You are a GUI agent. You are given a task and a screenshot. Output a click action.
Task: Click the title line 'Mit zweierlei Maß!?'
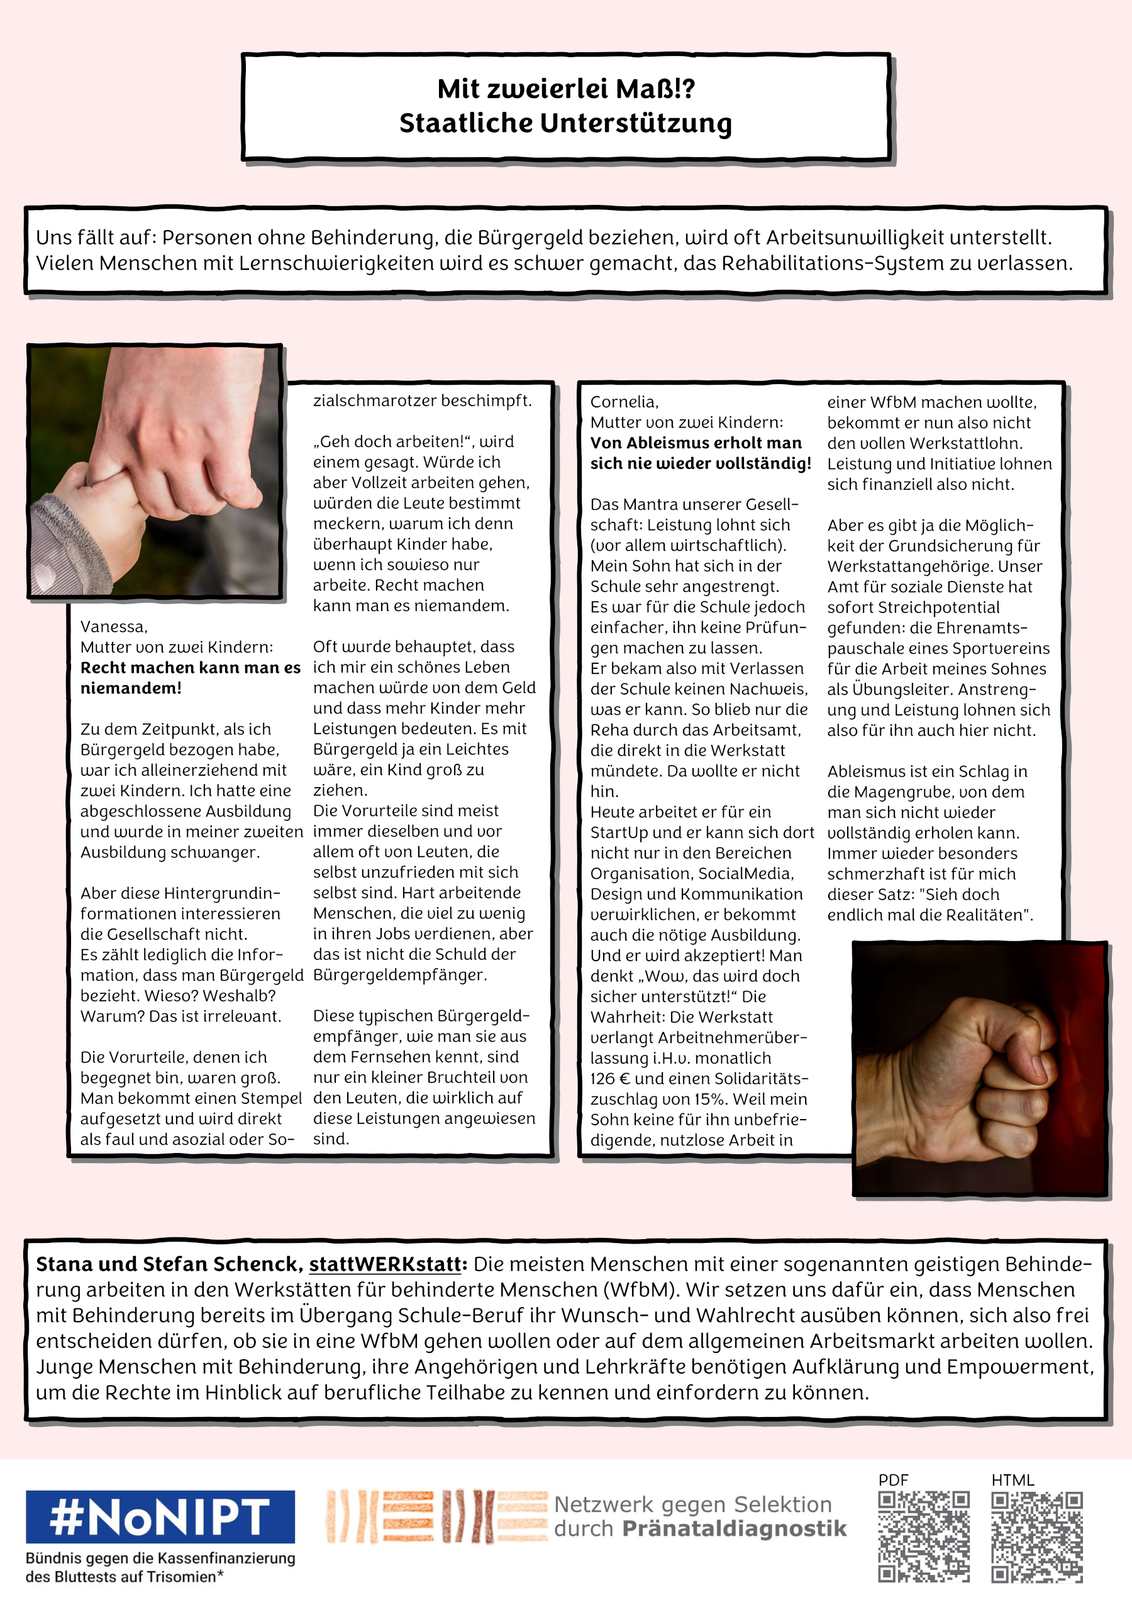(x=565, y=89)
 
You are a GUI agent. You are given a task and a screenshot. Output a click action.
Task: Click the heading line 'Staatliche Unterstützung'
(x=565, y=123)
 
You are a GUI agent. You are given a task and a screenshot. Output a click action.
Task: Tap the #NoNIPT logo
(x=160, y=1516)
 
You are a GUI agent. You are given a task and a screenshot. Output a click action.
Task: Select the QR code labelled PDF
(x=924, y=1537)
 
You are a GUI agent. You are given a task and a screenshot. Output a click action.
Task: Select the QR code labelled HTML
(x=1036, y=1537)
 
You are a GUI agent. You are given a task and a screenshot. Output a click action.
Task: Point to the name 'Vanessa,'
(x=114, y=626)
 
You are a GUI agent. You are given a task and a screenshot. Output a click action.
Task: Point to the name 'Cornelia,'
(x=624, y=402)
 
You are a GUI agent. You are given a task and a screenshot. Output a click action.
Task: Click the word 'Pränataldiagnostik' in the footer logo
(x=734, y=1529)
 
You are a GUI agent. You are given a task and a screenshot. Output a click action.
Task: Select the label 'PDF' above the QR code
(x=893, y=1480)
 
